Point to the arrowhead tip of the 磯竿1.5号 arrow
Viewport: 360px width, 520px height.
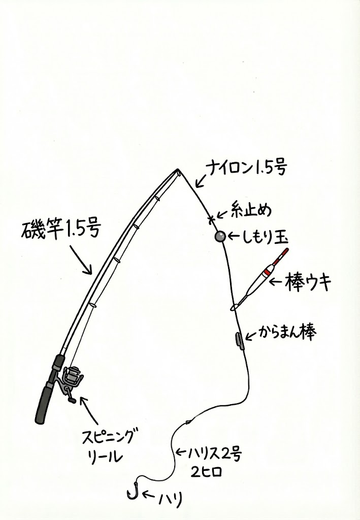click(91, 274)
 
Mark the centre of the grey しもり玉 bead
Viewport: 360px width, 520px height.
click(220, 237)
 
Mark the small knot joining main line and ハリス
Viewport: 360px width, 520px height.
click(188, 422)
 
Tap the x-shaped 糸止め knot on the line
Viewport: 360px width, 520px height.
click(211, 219)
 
